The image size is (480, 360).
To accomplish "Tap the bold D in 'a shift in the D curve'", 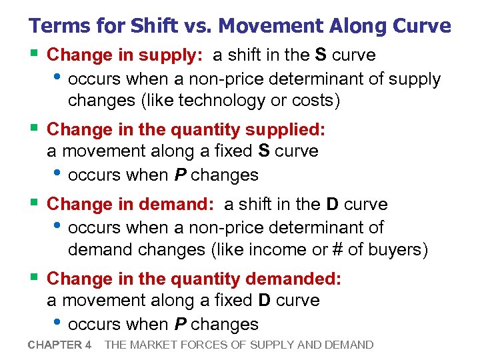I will (x=332, y=204).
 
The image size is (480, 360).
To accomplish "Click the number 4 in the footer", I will (x=89, y=345).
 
